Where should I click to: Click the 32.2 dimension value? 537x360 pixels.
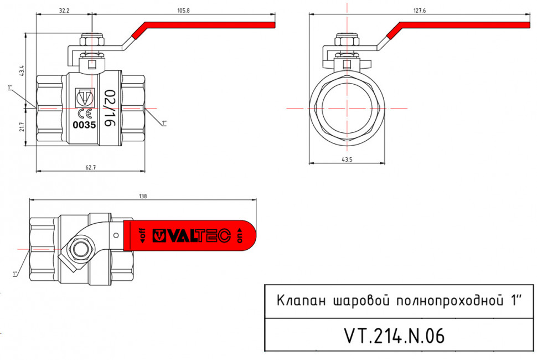pos(64,11)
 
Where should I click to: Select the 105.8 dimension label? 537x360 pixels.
pos(183,11)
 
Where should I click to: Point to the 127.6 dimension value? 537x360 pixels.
pos(420,11)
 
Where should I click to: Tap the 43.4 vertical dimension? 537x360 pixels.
pos(22,70)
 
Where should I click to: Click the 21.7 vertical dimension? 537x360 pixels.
pos(22,127)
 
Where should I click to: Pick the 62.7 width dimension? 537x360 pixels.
pos(90,167)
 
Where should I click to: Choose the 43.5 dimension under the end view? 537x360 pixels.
pos(347,160)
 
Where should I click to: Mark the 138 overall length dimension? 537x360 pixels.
pos(143,196)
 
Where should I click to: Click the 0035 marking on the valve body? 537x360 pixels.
pos(84,125)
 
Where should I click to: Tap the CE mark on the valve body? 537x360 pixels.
pos(85,114)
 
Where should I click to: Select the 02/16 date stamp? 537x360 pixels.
pos(109,109)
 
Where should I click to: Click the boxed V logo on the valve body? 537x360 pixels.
pos(84,97)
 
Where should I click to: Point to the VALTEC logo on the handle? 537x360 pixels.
pos(191,235)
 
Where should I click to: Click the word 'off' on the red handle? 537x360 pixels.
pos(142,235)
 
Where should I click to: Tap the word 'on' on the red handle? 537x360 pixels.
pos(240,235)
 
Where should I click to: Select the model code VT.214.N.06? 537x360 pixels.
pos(395,336)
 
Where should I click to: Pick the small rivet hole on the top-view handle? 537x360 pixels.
pos(116,235)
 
